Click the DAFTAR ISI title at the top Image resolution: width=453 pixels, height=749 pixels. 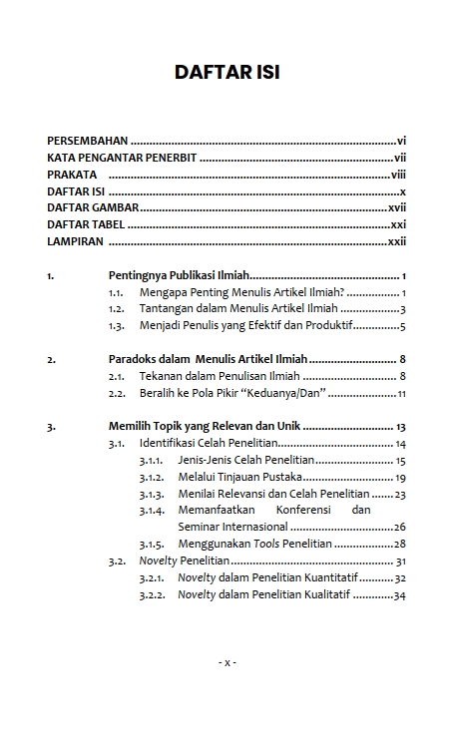coord(226,73)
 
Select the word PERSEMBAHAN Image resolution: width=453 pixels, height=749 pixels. coord(88,141)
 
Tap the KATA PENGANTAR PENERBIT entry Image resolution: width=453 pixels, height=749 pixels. coord(121,158)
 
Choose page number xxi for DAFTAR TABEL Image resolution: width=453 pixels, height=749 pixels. coord(398,224)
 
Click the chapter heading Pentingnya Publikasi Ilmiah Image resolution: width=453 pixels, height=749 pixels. coord(178,275)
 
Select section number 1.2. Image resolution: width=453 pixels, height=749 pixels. coord(117,309)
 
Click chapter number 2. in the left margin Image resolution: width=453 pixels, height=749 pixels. coord(52,359)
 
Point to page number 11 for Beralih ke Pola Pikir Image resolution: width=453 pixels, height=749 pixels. coord(401,393)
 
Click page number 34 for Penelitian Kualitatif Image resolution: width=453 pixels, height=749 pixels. coord(399,595)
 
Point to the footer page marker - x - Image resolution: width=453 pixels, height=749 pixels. coord(226,662)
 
